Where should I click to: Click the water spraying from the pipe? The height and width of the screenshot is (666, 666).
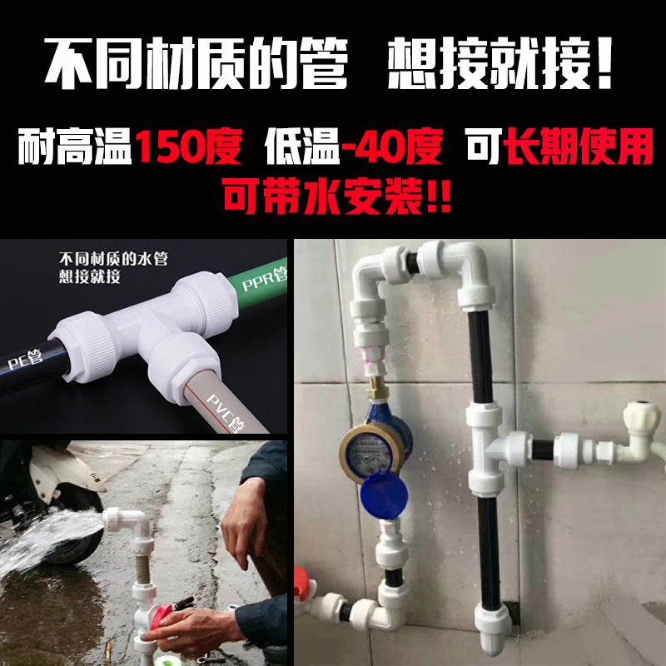pyautogui.click(x=50, y=541)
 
